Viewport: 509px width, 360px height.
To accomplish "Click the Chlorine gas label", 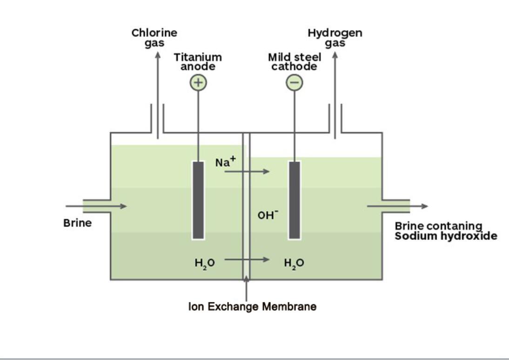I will (x=154, y=38).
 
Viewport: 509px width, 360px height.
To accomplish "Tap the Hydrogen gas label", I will (x=335, y=38).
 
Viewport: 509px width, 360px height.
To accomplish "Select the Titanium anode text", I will (x=198, y=61).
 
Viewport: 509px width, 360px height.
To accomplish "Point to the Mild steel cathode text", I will (x=295, y=61).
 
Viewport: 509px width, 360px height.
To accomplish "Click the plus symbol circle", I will (x=198, y=83).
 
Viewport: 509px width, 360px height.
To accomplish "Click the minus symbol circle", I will (x=294, y=83).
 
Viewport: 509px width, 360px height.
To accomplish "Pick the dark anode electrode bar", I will (x=198, y=200).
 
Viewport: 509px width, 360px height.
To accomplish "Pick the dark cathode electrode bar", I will (x=294, y=200).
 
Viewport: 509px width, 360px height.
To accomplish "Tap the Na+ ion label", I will (x=226, y=162).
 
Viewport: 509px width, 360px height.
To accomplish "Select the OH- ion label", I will (x=268, y=215).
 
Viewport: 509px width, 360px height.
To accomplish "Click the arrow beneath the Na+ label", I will (x=247, y=172).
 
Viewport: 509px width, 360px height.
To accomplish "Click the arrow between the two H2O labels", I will (x=247, y=259).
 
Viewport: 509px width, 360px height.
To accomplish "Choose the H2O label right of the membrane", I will (x=294, y=263).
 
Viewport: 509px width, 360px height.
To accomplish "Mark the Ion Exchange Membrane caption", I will (x=252, y=307).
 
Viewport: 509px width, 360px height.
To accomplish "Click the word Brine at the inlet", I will (x=78, y=223).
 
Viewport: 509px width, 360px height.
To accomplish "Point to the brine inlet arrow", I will (x=96, y=206).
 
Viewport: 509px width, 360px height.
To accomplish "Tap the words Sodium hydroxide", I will (x=446, y=236).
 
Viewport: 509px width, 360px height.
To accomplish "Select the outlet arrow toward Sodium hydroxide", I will (x=397, y=206).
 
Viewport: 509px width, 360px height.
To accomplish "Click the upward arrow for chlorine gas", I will (x=158, y=93).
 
